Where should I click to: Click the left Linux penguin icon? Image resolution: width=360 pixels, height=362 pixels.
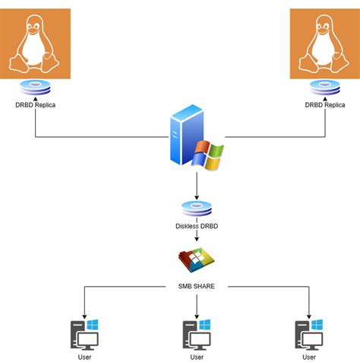click(x=35, y=43)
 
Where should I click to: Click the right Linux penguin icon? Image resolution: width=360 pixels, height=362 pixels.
click(x=325, y=43)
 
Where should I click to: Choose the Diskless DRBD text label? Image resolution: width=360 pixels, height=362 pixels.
click(x=197, y=226)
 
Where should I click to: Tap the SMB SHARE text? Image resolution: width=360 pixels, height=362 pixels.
click(x=197, y=287)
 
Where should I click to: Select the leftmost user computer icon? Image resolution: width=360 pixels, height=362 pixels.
click(x=85, y=333)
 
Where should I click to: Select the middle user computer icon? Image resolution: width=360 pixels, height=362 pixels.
click(x=197, y=333)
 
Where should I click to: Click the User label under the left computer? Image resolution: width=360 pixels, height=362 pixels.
click(x=85, y=356)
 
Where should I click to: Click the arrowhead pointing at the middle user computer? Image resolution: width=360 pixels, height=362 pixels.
click(x=197, y=313)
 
